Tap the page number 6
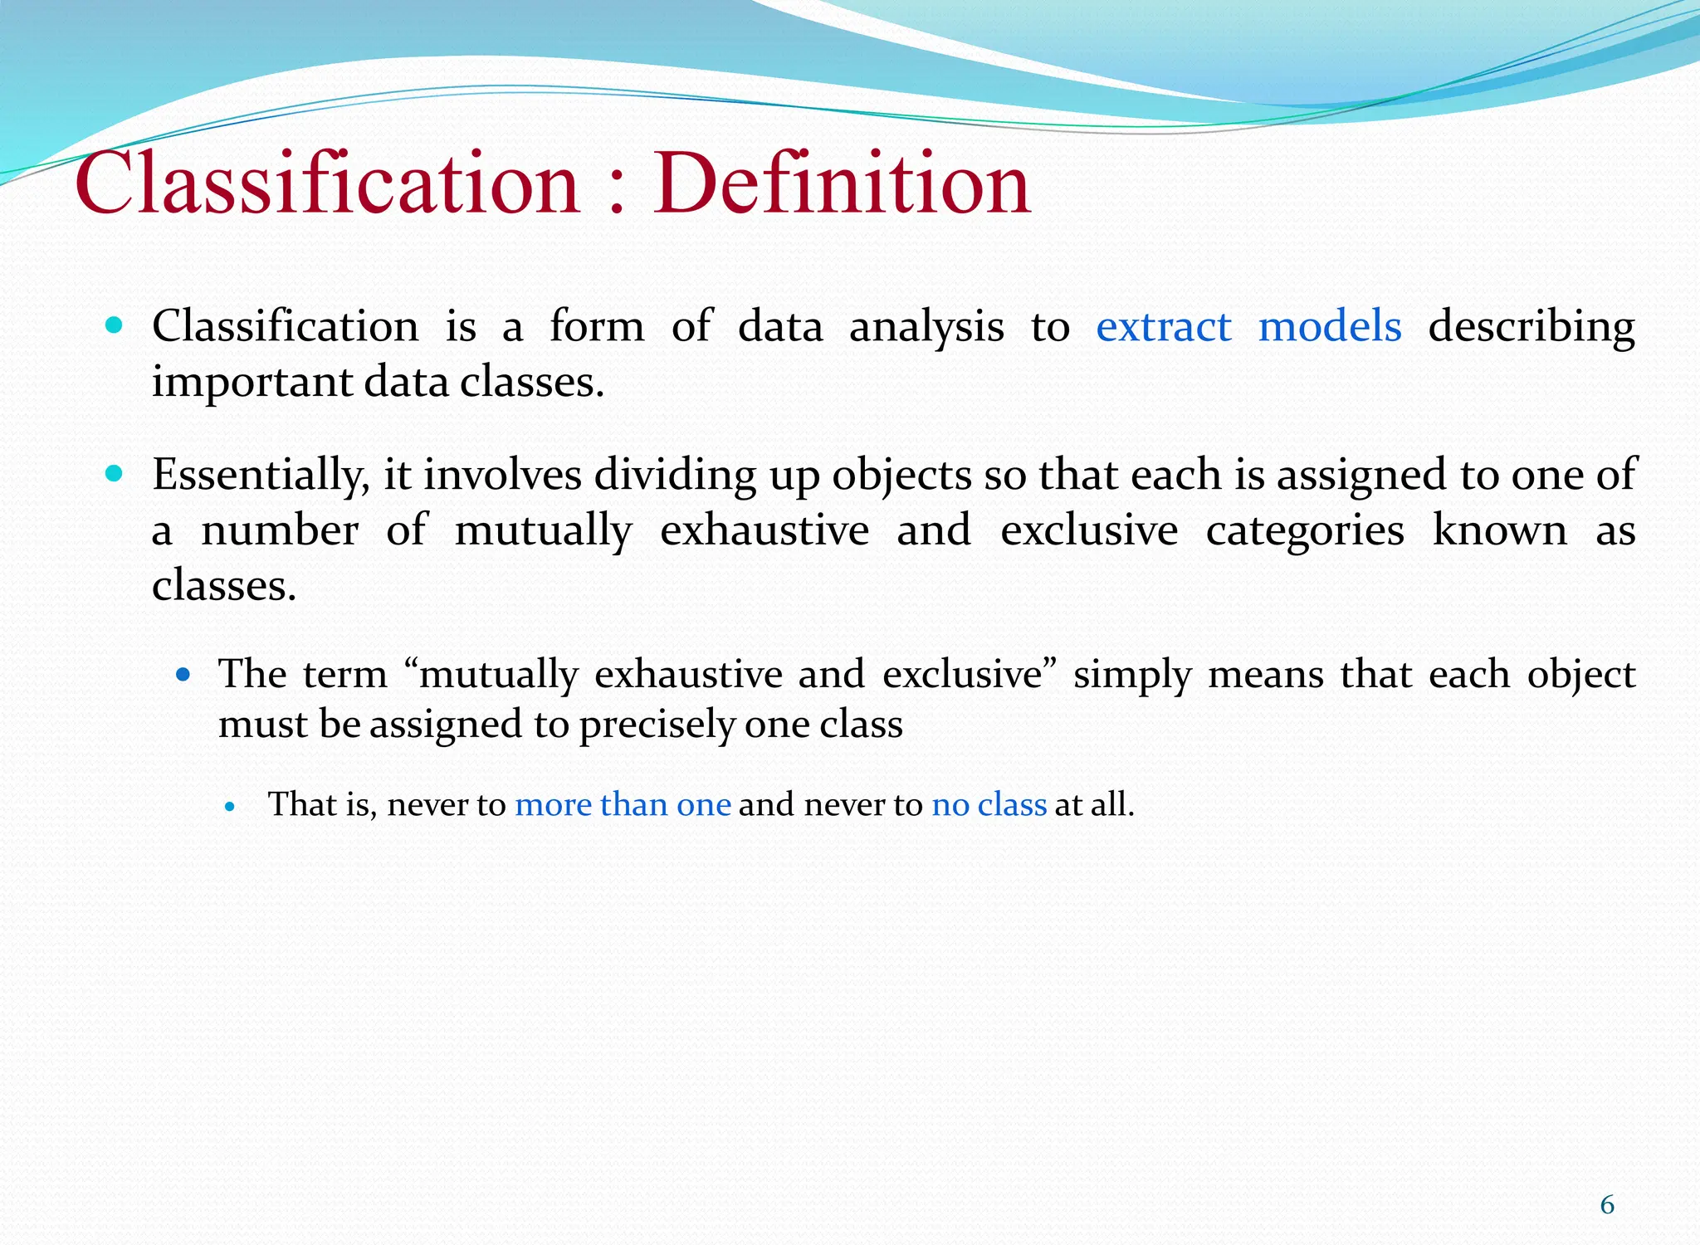1607,1204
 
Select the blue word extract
1163,326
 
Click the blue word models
1329,326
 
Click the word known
1499,530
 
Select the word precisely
657,725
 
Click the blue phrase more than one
623,804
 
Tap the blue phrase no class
989,804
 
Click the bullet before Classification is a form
115,325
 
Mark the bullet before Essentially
115,474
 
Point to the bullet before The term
183,675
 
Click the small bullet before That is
231,806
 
